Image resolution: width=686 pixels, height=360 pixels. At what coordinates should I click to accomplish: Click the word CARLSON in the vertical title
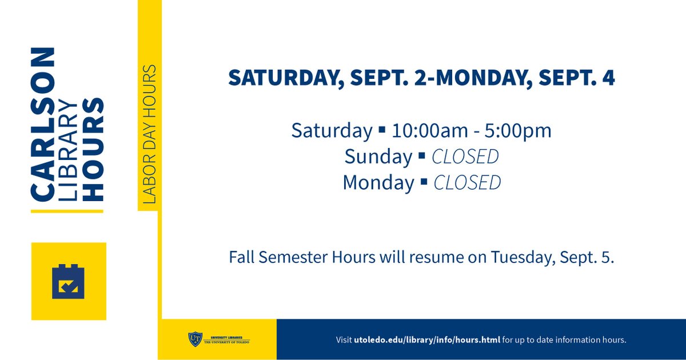click(43, 125)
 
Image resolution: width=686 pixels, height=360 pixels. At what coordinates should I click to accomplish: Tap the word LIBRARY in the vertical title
click(68, 151)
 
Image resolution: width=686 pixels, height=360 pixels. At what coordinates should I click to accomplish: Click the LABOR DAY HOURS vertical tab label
click(149, 135)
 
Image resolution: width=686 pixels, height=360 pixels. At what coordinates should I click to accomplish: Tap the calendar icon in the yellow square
click(69, 281)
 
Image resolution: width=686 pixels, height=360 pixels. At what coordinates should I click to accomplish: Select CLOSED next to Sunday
click(465, 157)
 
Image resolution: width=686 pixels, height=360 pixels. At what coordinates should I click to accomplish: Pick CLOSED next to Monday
click(467, 183)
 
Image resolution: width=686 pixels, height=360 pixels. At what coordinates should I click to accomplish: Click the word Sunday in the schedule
click(378, 157)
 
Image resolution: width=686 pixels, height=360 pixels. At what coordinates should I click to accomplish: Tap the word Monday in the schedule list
click(378, 183)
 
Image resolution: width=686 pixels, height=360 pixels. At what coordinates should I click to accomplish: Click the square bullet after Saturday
click(382, 131)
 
